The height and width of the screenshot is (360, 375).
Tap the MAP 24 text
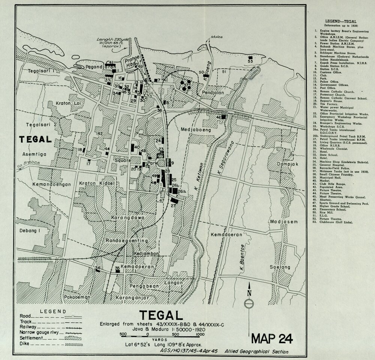[272, 338]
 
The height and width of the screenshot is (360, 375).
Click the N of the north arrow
[249, 294]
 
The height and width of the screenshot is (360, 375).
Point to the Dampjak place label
[277, 164]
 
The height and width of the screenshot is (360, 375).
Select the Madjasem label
[284, 222]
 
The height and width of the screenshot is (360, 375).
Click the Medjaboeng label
[194, 130]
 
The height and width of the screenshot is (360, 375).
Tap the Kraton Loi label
[57, 103]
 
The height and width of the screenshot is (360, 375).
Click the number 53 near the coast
[250, 61]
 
